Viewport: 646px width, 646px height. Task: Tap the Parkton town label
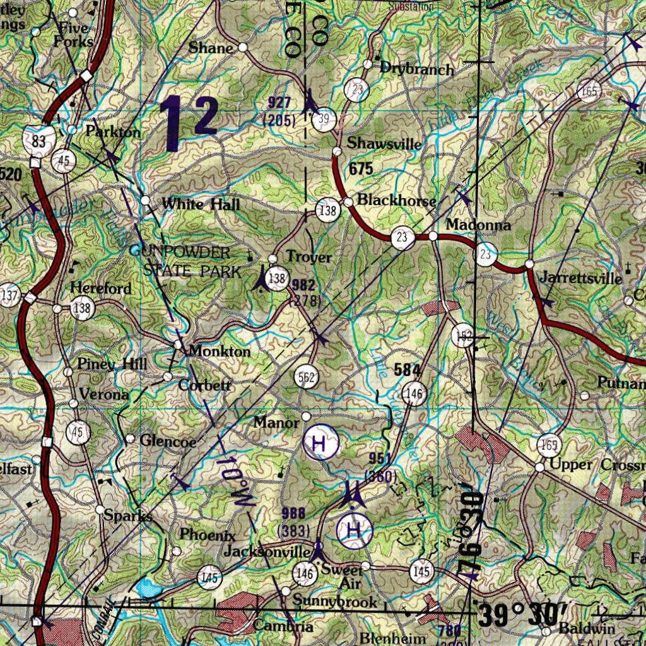pyautogui.click(x=113, y=132)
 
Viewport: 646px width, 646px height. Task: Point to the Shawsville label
pyautogui.click(x=384, y=143)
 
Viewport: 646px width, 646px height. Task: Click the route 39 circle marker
pyautogui.click(x=324, y=119)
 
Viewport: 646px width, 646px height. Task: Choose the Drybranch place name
pyautogui.click(x=416, y=68)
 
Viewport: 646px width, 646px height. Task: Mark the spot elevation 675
pyautogui.click(x=360, y=168)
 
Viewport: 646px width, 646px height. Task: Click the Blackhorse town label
pyautogui.click(x=396, y=201)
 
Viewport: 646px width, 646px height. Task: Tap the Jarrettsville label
pyautogui.click(x=581, y=278)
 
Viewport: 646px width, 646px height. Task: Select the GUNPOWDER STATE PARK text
pyautogui.click(x=187, y=262)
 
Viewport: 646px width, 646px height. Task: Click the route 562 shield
pyautogui.click(x=307, y=378)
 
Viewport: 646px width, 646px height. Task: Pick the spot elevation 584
pyautogui.click(x=406, y=370)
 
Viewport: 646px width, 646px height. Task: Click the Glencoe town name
pyautogui.click(x=168, y=441)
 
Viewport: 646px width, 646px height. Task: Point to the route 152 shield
pyautogui.click(x=463, y=338)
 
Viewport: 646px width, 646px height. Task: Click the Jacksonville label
pyautogui.click(x=267, y=552)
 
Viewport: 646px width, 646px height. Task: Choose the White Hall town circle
pyautogui.click(x=146, y=201)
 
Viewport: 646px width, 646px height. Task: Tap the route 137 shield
pyautogui.click(x=9, y=295)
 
